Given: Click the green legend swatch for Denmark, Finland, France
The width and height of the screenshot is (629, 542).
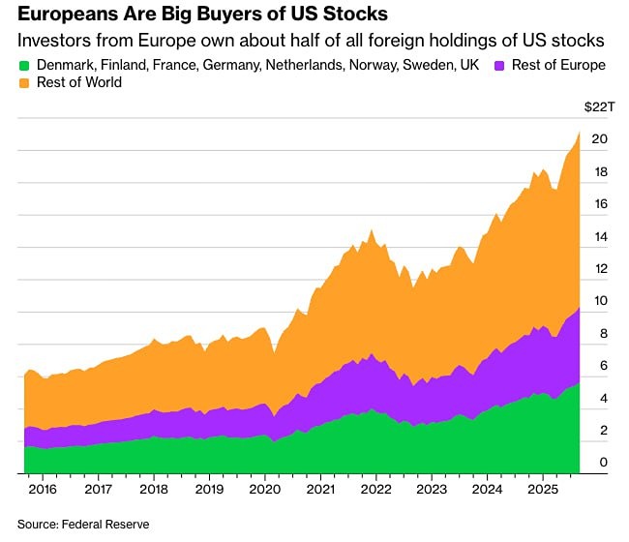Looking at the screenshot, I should pos(25,66).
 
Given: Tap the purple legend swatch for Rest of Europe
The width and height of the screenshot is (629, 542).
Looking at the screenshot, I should pos(500,66).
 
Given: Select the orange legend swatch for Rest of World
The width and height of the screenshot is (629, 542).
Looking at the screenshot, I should pos(25,83).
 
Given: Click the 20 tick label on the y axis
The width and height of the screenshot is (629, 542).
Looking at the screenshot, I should pos(600,139).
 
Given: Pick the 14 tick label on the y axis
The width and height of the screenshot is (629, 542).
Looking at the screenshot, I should pos(600,236).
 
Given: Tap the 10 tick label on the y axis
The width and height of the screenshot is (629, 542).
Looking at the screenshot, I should pos(600,301).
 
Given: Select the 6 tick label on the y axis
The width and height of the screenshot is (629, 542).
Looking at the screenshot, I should pos(603,366).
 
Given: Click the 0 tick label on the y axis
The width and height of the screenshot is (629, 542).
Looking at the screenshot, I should pos(603,463).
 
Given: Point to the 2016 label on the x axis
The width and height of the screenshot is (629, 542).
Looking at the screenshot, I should pos(43,490).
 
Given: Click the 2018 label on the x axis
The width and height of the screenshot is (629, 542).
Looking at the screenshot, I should pos(153,490).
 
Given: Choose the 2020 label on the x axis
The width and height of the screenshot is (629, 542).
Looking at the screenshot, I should pos(264,490).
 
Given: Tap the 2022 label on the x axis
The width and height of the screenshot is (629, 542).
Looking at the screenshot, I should pos(375,490).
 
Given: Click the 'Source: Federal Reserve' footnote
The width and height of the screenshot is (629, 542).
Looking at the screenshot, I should pos(82,524).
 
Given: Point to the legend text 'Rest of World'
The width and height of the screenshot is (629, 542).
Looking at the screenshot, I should pos(81,83).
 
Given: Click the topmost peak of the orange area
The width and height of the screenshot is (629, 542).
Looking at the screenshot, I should pos(579,133).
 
